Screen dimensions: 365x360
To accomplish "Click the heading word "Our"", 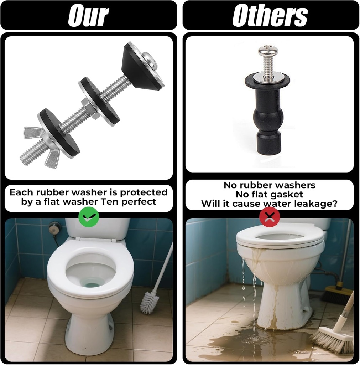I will click(88, 16).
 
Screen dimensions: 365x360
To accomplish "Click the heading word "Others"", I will click(270, 16).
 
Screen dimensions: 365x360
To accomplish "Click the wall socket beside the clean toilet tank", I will click(55, 227).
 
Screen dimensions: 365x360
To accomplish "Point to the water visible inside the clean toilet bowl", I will click(92, 284).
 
